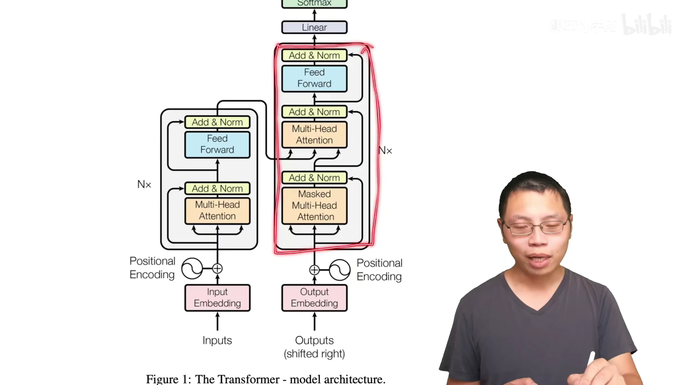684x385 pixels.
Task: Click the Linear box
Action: point(314,27)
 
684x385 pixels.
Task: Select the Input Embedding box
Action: point(217,298)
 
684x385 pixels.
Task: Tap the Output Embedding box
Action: point(314,298)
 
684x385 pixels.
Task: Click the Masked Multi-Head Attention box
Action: point(314,206)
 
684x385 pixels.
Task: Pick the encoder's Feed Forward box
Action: point(217,144)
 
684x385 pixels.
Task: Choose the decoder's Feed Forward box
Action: point(314,78)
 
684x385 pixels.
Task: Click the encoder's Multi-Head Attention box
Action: point(217,211)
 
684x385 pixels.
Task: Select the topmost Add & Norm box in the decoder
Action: point(314,56)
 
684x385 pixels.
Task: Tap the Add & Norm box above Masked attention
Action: point(314,178)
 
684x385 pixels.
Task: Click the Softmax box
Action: point(314,4)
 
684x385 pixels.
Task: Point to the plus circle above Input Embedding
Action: point(217,268)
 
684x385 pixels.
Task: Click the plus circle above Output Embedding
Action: point(314,270)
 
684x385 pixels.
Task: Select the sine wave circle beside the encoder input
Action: point(192,268)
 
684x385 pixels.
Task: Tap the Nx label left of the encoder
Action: point(144,184)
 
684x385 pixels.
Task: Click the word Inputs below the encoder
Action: point(217,340)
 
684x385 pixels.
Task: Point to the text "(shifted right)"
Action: point(314,354)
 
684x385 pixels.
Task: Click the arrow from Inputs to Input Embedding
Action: point(217,322)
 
